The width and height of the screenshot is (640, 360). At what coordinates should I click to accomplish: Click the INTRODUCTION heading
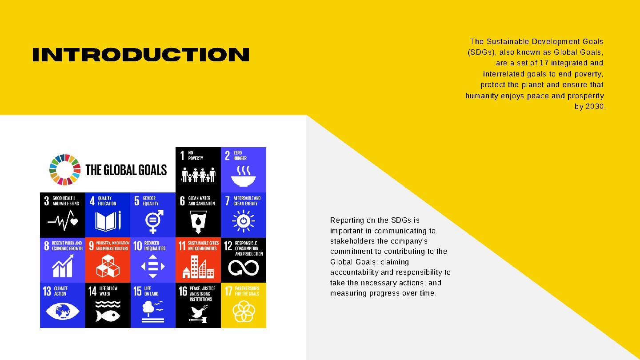[140, 55]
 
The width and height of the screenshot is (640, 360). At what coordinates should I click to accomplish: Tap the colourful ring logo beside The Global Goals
[65, 169]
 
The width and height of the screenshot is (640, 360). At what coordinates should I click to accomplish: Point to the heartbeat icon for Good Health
[63, 220]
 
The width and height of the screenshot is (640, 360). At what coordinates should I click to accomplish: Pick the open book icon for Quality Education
[108, 220]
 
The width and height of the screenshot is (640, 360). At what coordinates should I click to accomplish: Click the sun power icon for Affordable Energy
[243, 221]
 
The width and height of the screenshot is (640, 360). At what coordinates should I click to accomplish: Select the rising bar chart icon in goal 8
[62, 266]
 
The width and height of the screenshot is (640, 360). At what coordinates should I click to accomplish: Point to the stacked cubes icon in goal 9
[108, 266]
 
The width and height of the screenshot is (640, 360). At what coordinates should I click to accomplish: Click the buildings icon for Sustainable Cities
[198, 266]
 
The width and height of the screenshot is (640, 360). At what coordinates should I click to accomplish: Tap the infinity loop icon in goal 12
[243, 267]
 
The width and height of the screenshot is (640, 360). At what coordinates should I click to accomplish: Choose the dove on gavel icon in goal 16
[198, 312]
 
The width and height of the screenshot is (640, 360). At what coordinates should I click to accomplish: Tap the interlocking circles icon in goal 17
[243, 311]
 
